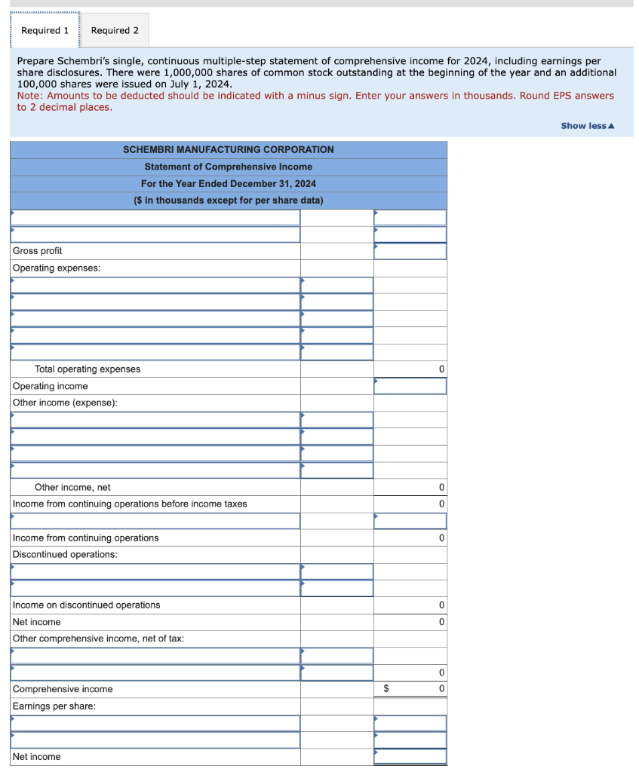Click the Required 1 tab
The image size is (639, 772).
(x=45, y=30)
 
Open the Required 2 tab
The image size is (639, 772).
(x=115, y=30)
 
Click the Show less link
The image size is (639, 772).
(x=587, y=126)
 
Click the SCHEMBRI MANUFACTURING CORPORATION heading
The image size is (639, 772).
(x=228, y=149)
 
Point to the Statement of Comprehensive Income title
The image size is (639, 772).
(x=228, y=167)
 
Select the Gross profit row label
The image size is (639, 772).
(x=38, y=251)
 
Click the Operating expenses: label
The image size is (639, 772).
(x=57, y=268)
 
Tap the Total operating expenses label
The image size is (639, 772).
(x=88, y=369)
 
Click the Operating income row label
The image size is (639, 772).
(x=51, y=386)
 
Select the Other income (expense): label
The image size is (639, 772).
(x=65, y=403)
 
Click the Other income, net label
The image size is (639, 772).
(x=72, y=487)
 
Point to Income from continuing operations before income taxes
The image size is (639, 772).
(x=130, y=504)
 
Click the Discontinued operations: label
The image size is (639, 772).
(x=65, y=554)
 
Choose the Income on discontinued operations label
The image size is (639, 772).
(x=87, y=605)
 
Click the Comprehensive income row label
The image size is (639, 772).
(x=63, y=689)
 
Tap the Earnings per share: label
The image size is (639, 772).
(x=54, y=706)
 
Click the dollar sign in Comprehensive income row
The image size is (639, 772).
(x=387, y=689)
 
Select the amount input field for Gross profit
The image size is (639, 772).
(x=410, y=251)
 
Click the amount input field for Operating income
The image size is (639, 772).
(x=410, y=386)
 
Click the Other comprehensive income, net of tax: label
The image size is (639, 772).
(x=98, y=639)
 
